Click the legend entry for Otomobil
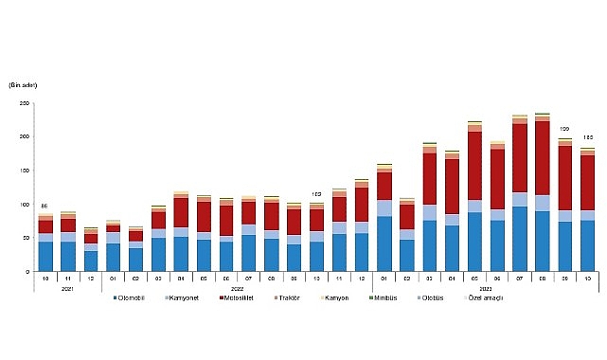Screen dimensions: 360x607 point(129,298)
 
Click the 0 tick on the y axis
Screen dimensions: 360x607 point(27,272)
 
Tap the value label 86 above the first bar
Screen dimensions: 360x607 point(45,206)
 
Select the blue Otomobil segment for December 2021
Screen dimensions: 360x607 point(91,261)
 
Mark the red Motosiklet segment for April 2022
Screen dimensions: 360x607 point(181,212)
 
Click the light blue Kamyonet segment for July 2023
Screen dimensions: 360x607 point(520,199)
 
